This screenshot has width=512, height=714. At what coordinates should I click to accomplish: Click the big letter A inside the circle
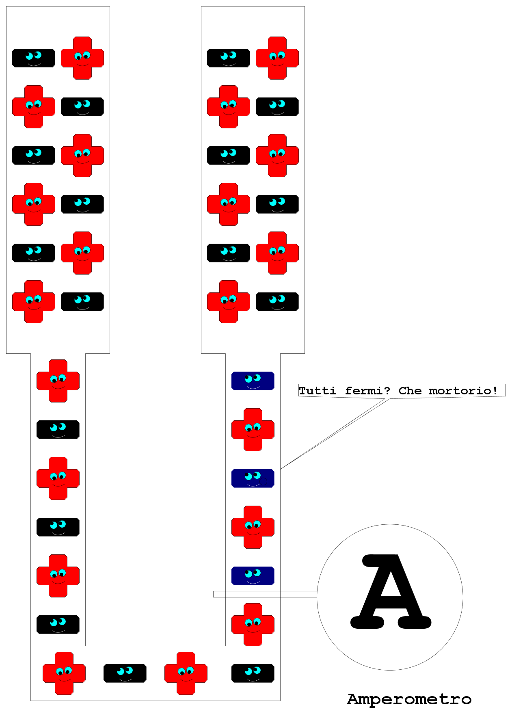(x=391, y=591)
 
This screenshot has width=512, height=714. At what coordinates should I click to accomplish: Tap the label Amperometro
(x=409, y=699)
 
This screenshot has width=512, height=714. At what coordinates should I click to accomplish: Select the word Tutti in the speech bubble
(x=318, y=391)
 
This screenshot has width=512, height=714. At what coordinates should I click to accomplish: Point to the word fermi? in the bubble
(x=367, y=391)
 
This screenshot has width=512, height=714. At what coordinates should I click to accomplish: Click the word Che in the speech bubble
(x=410, y=391)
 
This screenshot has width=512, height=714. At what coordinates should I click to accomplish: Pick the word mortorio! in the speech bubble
(x=463, y=391)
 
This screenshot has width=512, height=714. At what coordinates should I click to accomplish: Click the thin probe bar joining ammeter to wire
(x=265, y=594)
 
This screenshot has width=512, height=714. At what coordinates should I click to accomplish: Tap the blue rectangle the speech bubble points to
(x=253, y=478)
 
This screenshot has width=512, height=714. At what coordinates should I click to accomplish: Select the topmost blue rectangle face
(x=253, y=381)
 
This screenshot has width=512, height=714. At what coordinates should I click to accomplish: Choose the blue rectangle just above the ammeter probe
(x=253, y=576)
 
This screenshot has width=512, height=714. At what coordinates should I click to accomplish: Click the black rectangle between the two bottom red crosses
(x=125, y=673)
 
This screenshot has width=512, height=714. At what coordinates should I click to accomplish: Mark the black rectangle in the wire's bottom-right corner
(x=253, y=673)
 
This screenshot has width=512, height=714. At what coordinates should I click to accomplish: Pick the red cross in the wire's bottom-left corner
(x=64, y=673)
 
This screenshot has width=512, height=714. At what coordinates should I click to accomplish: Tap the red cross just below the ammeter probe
(x=253, y=625)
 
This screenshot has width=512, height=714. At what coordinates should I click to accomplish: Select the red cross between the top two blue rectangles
(x=253, y=430)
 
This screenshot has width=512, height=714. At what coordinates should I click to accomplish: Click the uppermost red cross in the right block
(x=277, y=58)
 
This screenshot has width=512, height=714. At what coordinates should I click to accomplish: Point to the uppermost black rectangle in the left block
(x=34, y=58)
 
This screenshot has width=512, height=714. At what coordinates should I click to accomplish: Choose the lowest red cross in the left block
(x=34, y=302)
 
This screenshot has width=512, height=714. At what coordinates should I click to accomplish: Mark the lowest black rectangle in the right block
(x=277, y=302)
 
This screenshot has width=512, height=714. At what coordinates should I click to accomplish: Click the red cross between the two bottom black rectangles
(x=186, y=673)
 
